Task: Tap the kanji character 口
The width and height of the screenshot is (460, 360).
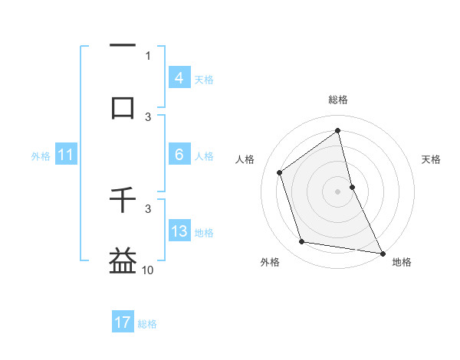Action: (x=123, y=107)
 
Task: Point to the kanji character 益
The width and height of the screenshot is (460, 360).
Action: (x=123, y=260)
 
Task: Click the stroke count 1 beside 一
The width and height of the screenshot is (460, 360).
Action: (x=148, y=56)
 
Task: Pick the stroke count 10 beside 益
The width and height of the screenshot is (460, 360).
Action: (x=148, y=270)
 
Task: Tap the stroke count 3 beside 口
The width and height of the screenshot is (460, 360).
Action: (x=148, y=117)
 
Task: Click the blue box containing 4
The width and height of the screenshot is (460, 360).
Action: (x=179, y=78)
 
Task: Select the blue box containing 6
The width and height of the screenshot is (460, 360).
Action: (x=179, y=155)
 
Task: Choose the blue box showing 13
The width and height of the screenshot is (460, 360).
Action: (x=179, y=231)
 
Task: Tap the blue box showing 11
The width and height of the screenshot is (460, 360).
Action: (x=65, y=155)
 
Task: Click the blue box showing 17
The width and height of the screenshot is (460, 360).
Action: (x=123, y=322)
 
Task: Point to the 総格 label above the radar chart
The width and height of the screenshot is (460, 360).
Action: (x=338, y=100)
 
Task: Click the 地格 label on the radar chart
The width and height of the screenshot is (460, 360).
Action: (x=402, y=262)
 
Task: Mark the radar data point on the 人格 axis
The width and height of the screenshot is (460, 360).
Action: (x=280, y=172)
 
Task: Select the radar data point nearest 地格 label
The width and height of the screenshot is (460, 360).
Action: (x=381, y=252)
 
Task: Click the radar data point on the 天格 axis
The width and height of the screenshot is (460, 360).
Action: (x=352, y=187)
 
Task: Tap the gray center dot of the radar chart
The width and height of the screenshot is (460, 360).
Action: (x=338, y=191)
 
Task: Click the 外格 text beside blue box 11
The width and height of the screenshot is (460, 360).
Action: (x=41, y=155)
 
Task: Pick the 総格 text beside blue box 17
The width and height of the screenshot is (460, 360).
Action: (x=147, y=324)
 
